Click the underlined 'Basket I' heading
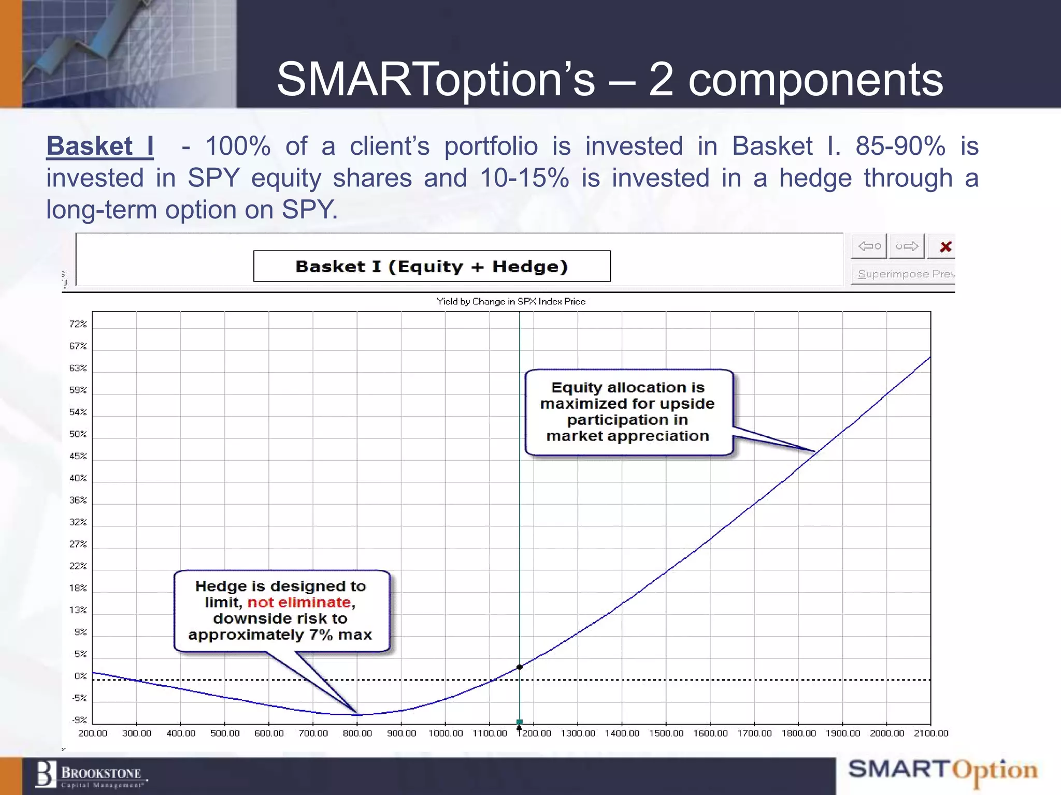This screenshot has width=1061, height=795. [99, 146]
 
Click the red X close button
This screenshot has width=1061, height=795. [945, 247]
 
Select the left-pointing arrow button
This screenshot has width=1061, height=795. [869, 246]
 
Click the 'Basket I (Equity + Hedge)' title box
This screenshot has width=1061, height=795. [432, 267]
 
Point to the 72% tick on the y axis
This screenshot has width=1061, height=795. [78, 324]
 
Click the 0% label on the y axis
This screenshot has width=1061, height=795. [80, 676]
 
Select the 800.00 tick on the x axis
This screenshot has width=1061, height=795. [357, 733]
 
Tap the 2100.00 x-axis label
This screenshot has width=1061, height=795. [930, 733]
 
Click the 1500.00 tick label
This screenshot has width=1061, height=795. [666, 733]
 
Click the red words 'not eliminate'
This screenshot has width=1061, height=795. [299, 602]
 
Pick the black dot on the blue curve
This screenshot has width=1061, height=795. [520, 667]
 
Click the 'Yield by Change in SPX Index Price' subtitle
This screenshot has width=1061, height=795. [511, 301]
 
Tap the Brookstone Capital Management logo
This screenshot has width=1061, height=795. [91, 775]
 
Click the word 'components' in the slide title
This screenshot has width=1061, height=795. [815, 80]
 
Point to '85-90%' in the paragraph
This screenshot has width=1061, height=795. [900, 146]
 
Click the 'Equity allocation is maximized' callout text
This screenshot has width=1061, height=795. [627, 411]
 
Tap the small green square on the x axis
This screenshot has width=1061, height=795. [520, 722]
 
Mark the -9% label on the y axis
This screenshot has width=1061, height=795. [79, 720]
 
